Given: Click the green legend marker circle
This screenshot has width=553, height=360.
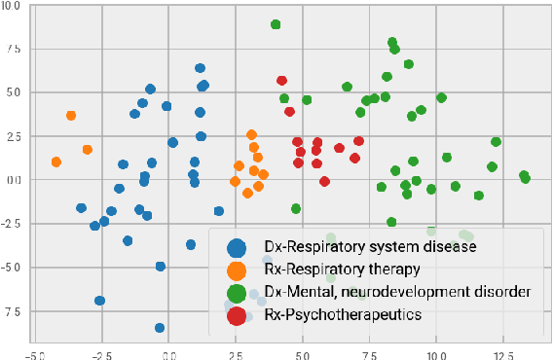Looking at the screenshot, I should pos(235,292).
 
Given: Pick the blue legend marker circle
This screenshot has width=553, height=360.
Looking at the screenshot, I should pos(235,247).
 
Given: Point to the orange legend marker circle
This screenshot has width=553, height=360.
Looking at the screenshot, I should pos(235,270).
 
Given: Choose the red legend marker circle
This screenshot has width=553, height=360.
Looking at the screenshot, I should pos(235,314).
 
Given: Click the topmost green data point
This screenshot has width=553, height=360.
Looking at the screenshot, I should pos(276,24).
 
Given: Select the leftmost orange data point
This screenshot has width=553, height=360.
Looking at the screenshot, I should pos(55,162).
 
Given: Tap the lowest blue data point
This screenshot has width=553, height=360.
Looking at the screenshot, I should pos(160,328).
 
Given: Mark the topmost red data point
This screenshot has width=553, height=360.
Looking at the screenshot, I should pos(281,81).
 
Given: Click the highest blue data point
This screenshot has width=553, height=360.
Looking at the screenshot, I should pos(200,68).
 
